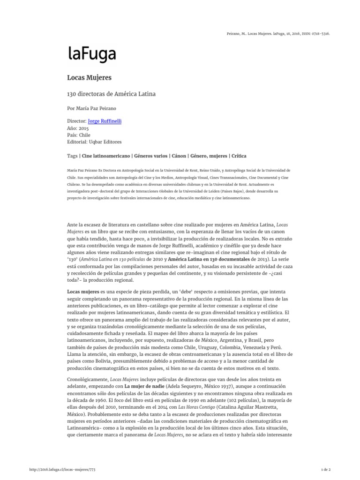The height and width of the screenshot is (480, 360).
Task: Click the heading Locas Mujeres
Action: coord(89,77)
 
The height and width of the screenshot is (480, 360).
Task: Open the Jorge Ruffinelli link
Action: coord(108,121)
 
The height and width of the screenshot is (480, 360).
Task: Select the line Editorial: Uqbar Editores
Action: coord(101,142)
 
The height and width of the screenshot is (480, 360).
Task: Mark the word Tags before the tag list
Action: coord(73,155)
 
